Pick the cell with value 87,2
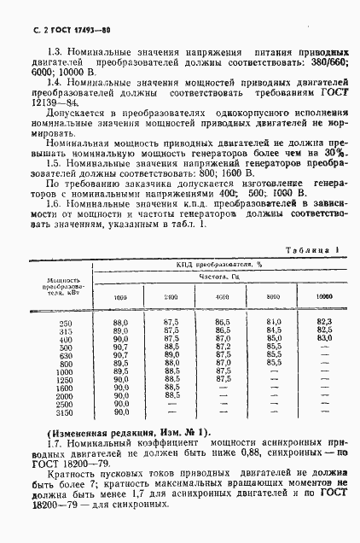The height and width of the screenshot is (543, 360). pyautogui.click(x=223, y=362)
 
